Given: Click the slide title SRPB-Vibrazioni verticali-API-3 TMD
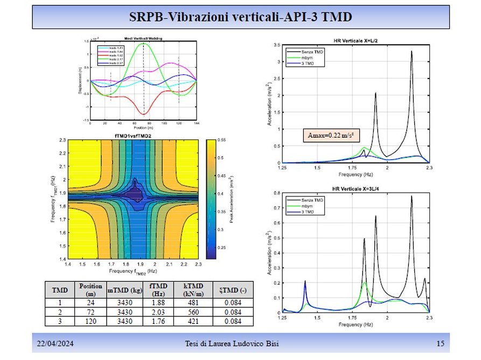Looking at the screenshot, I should point(240,17).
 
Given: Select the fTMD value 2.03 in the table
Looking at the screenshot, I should point(157,312).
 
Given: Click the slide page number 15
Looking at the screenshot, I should point(441,344).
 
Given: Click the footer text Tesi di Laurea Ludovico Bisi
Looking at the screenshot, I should point(240,344).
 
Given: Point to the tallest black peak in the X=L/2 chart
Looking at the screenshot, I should point(412,52).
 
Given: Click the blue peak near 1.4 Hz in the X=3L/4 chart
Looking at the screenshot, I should point(305,281).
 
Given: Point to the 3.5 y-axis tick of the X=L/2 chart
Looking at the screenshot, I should point(276,46).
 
